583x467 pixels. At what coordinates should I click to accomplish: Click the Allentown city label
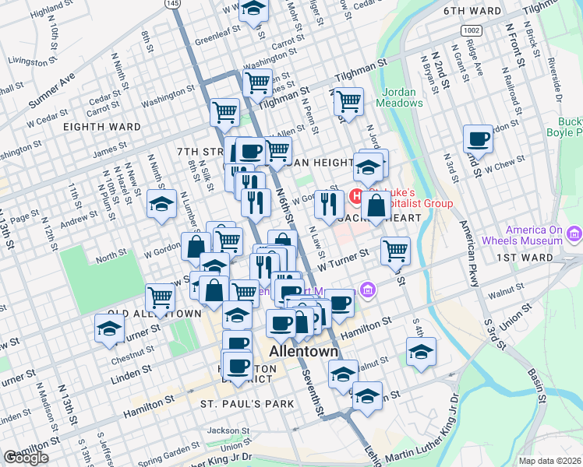coord(304,352)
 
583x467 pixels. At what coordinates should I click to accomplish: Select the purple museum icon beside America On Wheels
coord(575,233)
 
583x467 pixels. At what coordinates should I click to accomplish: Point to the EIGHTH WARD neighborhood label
coord(102,127)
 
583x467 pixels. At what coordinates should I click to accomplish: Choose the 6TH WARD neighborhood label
coord(471,12)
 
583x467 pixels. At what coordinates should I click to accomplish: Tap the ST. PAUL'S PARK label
coord(247,403)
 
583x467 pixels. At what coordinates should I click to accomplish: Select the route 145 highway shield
coord(173,4)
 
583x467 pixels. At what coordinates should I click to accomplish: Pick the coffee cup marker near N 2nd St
coord(478,139)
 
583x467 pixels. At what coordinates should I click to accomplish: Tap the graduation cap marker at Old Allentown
coord(109,328)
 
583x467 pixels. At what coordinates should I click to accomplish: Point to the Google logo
coord(26,458)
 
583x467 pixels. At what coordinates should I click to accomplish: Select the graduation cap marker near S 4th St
coord(421,352)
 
